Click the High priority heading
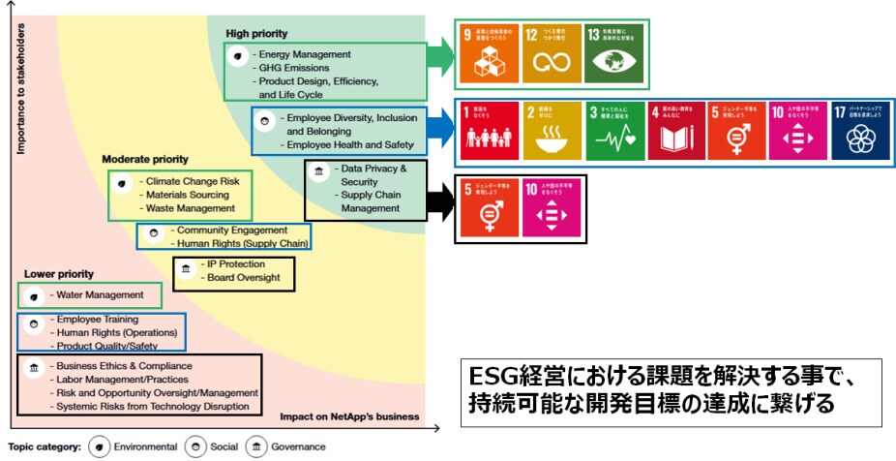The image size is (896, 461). point(256,34)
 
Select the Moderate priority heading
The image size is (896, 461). point(145,159)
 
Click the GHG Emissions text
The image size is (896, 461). point(293,68)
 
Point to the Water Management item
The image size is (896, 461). point(100,294)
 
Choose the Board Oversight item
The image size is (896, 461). point(243,278)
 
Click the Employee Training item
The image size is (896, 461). point(97,319)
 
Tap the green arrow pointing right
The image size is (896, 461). point(441,53)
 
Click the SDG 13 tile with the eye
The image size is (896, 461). point(613,51)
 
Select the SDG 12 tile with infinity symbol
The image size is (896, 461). point(553,51)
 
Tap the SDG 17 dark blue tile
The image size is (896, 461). point(860,131)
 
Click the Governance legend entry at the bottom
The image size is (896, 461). point(284,447)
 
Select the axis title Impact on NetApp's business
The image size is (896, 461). point(349,416)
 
